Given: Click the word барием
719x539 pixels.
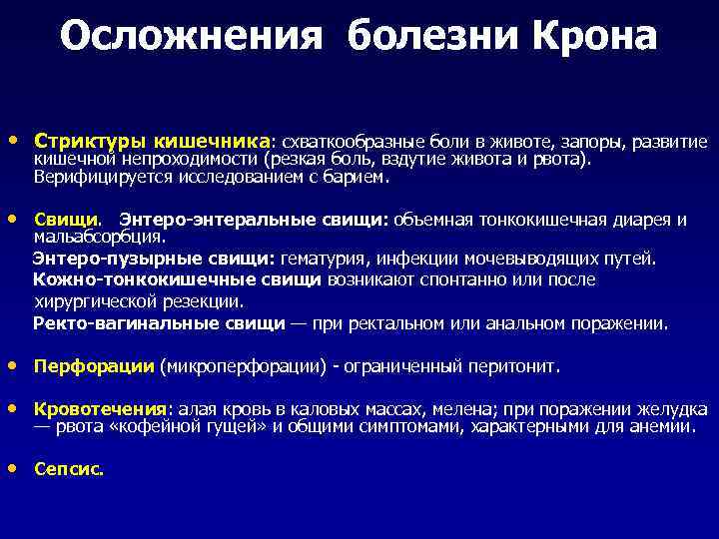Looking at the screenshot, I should pyautogui.click(x=357, y=178).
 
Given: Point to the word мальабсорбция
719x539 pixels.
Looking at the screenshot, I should pyautogui.click(x=98, y=238).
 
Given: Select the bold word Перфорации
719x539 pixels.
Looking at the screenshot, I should pyautogui.click(x=93, y=366).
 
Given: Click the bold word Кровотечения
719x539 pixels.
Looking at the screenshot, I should pyautogui.click(x=100, y=409).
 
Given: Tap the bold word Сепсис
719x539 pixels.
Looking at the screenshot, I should pyautogui.click(x=67, y=467).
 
